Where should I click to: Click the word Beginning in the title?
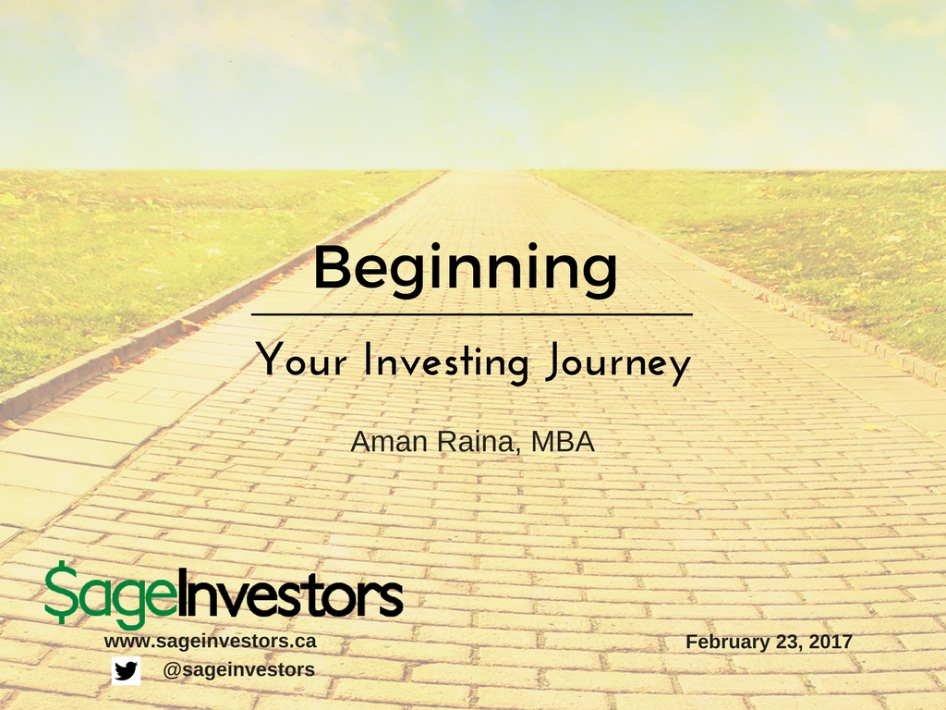coord(466,271)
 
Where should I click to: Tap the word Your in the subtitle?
coord(301,360)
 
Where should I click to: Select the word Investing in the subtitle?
coord(446,362)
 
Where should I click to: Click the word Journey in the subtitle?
coord(618,363)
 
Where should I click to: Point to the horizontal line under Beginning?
coord(472,314)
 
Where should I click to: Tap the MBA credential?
coord(563,442)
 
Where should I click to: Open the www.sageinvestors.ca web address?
coord(210,642)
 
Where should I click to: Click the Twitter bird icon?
coord(126,671)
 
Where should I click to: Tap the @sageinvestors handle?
coord(239,669)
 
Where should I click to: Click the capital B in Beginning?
coord(333,266)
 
